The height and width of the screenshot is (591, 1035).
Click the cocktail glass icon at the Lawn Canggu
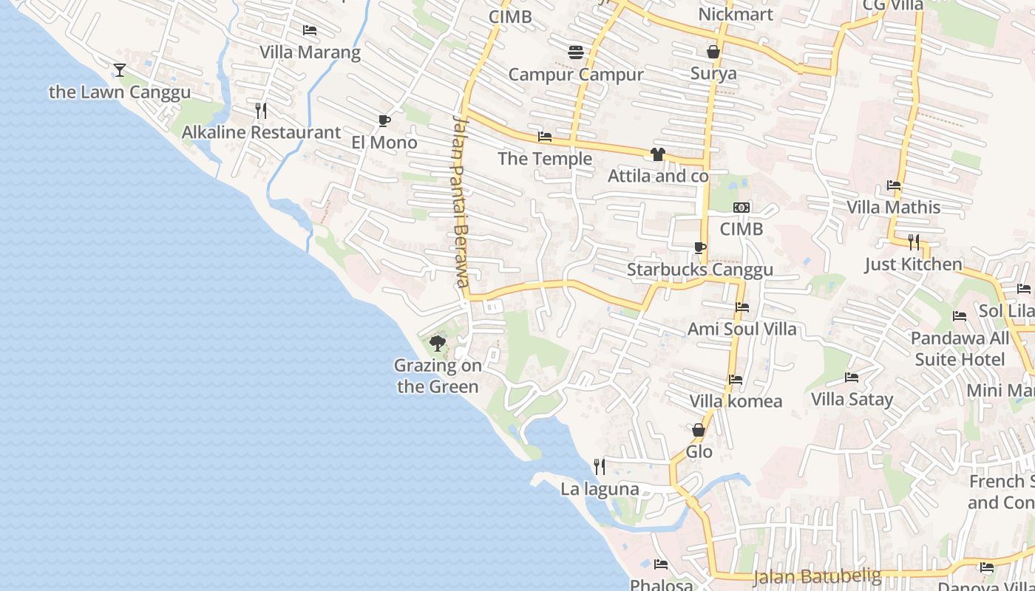[120, 70]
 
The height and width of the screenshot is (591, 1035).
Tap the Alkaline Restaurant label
[261, 133]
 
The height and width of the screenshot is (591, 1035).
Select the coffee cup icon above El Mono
[384, 120]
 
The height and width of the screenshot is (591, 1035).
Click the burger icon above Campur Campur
[576, 52]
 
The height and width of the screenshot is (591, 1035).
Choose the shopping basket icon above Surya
[713, 51]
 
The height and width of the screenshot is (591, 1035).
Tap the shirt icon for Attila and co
[657, 154]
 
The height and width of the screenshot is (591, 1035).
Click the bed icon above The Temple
[545, 137]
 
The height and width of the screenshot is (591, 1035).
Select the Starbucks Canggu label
[699, 270]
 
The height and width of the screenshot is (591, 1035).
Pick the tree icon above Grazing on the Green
[438, 343]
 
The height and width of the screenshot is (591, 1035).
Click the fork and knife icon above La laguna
[600, 466]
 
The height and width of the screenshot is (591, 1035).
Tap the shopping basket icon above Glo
[699, 429]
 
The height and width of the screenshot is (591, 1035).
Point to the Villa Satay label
[852, 400]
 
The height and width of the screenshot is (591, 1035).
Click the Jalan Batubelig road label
[817, 575]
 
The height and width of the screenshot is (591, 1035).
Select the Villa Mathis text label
[893, 207]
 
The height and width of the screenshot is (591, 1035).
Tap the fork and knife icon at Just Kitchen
[914, 242]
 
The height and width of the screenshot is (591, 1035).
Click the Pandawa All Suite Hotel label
[960, 349]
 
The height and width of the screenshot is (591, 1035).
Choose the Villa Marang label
[310, 52]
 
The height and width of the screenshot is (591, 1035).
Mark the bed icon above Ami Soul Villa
[742, 307]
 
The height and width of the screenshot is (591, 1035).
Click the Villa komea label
[736, 401]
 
